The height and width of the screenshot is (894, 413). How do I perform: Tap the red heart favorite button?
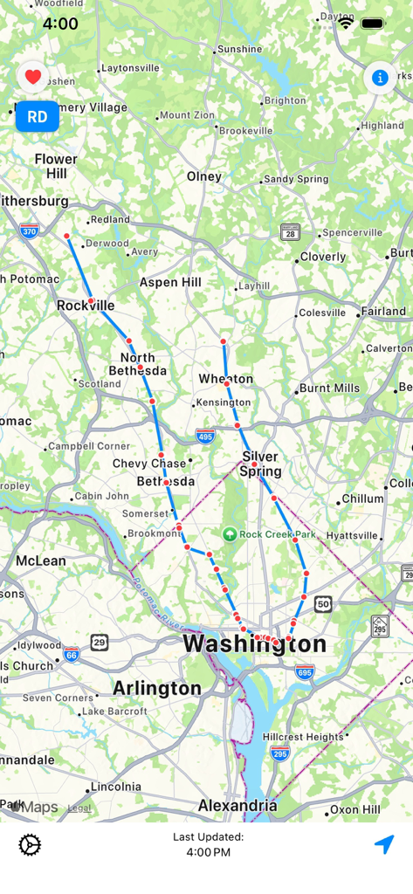pos(33,78)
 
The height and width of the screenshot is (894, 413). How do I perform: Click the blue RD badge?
pos(38,117)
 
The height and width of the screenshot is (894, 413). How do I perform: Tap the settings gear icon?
pos(30,844)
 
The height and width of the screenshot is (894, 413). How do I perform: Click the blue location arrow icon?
pos(384,844)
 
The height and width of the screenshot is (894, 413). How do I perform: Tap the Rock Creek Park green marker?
pos(230,534)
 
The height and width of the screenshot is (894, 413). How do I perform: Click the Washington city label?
pos(254,645)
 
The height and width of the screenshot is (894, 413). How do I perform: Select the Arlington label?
pos(157,688)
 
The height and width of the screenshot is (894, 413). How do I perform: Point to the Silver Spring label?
pos(260,464)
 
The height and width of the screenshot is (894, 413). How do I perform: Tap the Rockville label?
pos(86,306)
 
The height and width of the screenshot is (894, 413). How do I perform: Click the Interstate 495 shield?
pos(205,437)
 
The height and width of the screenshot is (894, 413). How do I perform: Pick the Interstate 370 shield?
pos(29,230)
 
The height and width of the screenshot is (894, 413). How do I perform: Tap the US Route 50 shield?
pos(323,604)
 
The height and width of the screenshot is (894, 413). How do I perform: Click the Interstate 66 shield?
pos(71,654)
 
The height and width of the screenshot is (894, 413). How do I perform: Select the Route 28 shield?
pos(291,232)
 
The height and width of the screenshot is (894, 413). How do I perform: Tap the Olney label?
pos(204,176)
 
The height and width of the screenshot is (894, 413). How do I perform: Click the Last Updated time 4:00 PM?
pos(208,852)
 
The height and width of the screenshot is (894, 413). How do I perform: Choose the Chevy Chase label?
pos(149,463)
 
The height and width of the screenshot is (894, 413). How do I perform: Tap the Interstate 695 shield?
pos(304,672)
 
